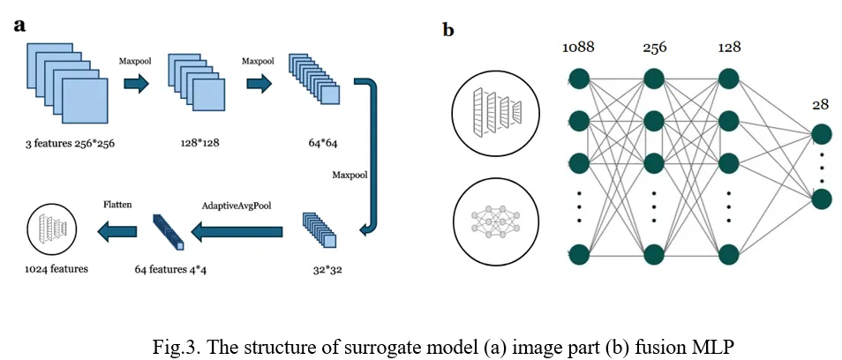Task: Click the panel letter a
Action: click(19, 24)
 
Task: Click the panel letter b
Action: click(448, 30)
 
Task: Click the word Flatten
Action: click(119, 204)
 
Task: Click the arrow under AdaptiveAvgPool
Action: click(237, 233)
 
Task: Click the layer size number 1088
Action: click(580, 47)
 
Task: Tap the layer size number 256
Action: click(653, 46)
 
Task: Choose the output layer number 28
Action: click(821, 105)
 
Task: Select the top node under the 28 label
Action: click(822, 134)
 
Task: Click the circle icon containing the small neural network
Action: click(495, 216)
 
